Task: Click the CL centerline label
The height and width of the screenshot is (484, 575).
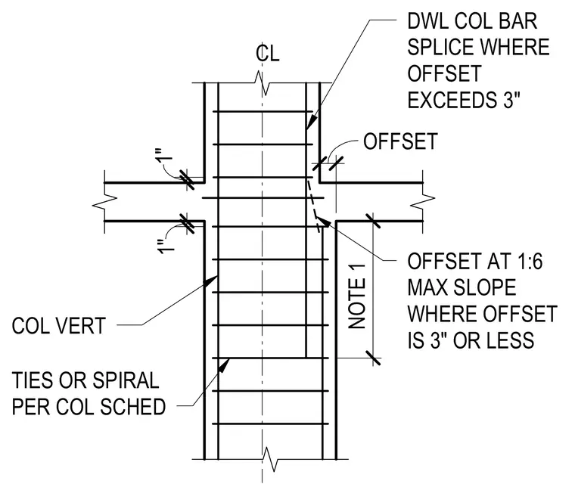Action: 268,54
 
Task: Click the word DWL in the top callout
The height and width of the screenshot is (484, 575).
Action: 428,21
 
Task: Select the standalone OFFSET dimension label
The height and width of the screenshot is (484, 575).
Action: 400,141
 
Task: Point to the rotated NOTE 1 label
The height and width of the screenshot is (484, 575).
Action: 357,296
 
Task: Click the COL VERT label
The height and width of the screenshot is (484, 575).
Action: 59,326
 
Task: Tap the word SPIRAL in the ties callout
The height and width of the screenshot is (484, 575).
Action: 126,380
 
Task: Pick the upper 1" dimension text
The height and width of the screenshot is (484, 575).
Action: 166,158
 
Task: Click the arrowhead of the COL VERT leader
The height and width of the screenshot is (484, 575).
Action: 211,282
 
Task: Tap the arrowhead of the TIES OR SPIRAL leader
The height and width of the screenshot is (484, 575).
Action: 224,365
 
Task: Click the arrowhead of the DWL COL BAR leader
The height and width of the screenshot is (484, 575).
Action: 311,122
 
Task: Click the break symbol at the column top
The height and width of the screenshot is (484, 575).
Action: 262,84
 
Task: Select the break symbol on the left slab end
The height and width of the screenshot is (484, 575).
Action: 104,202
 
